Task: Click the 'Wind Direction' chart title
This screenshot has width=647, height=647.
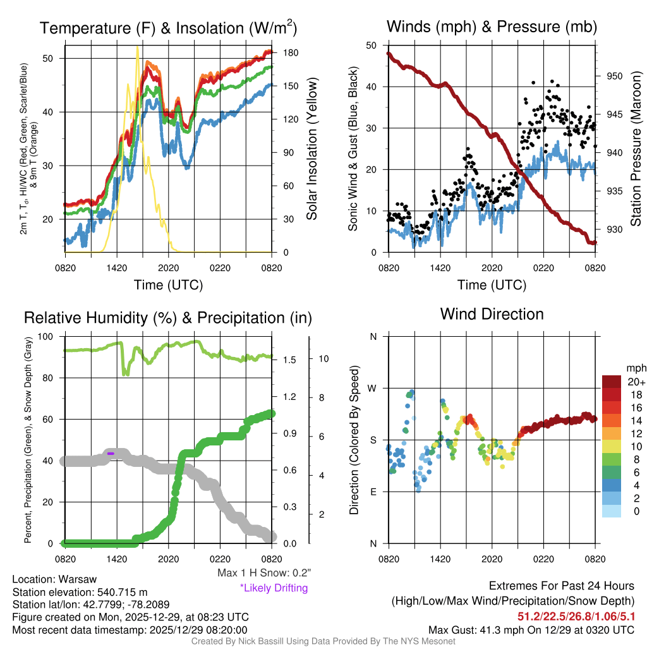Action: (x=492, y=314)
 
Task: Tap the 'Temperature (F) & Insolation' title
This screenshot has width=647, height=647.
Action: (x=168, y=28)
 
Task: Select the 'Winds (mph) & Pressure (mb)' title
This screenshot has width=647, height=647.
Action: (x=492, y=27)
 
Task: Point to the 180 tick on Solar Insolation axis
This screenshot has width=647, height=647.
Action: (x=286, y=52)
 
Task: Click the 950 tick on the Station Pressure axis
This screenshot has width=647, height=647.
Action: (x=615, y=76)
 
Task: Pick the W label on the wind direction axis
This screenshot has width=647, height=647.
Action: (x=373, y=388)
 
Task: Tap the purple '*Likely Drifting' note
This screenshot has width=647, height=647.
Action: (x=274, y=588)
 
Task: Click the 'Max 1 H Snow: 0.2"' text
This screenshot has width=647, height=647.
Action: (x=264, y=573)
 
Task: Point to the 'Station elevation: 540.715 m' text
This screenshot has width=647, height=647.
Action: (x=80, y=592)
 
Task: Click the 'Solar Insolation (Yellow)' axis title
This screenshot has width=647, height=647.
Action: (x=311, y=148)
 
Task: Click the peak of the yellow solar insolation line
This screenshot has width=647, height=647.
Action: (x=137, y=47)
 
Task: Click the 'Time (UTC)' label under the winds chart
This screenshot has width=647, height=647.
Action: (x=492, y=285)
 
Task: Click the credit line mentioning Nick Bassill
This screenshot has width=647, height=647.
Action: (x=323, y=641)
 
